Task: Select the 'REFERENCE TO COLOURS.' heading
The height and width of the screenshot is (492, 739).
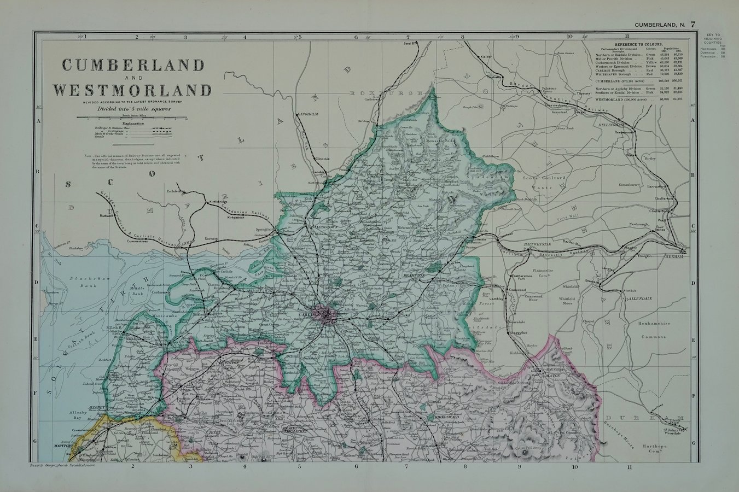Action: point(638,44)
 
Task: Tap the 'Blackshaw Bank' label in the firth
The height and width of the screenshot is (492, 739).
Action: point(83,283)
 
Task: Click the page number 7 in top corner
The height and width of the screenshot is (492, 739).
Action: point(693,24)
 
